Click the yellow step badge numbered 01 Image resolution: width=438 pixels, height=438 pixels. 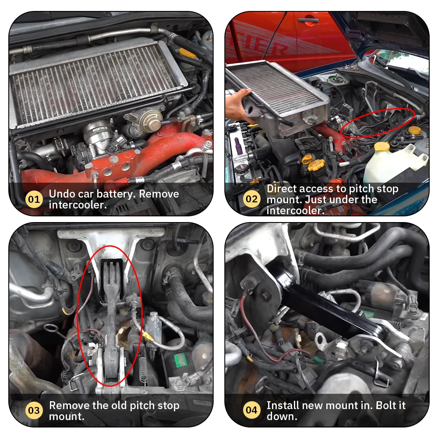[x=34, y=199]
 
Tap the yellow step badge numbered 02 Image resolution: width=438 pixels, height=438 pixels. [x=252, y=198]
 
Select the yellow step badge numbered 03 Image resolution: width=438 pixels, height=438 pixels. [x=34, y=410]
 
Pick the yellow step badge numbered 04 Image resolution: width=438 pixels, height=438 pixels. [x=252, y=410]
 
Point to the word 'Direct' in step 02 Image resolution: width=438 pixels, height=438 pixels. [x=282, y=188]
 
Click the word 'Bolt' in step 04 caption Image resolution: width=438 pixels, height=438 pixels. [x=386, y=405]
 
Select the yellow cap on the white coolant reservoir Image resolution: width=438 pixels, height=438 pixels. [x=382, y=146]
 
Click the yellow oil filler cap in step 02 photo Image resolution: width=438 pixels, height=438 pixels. [x=316, y=165]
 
